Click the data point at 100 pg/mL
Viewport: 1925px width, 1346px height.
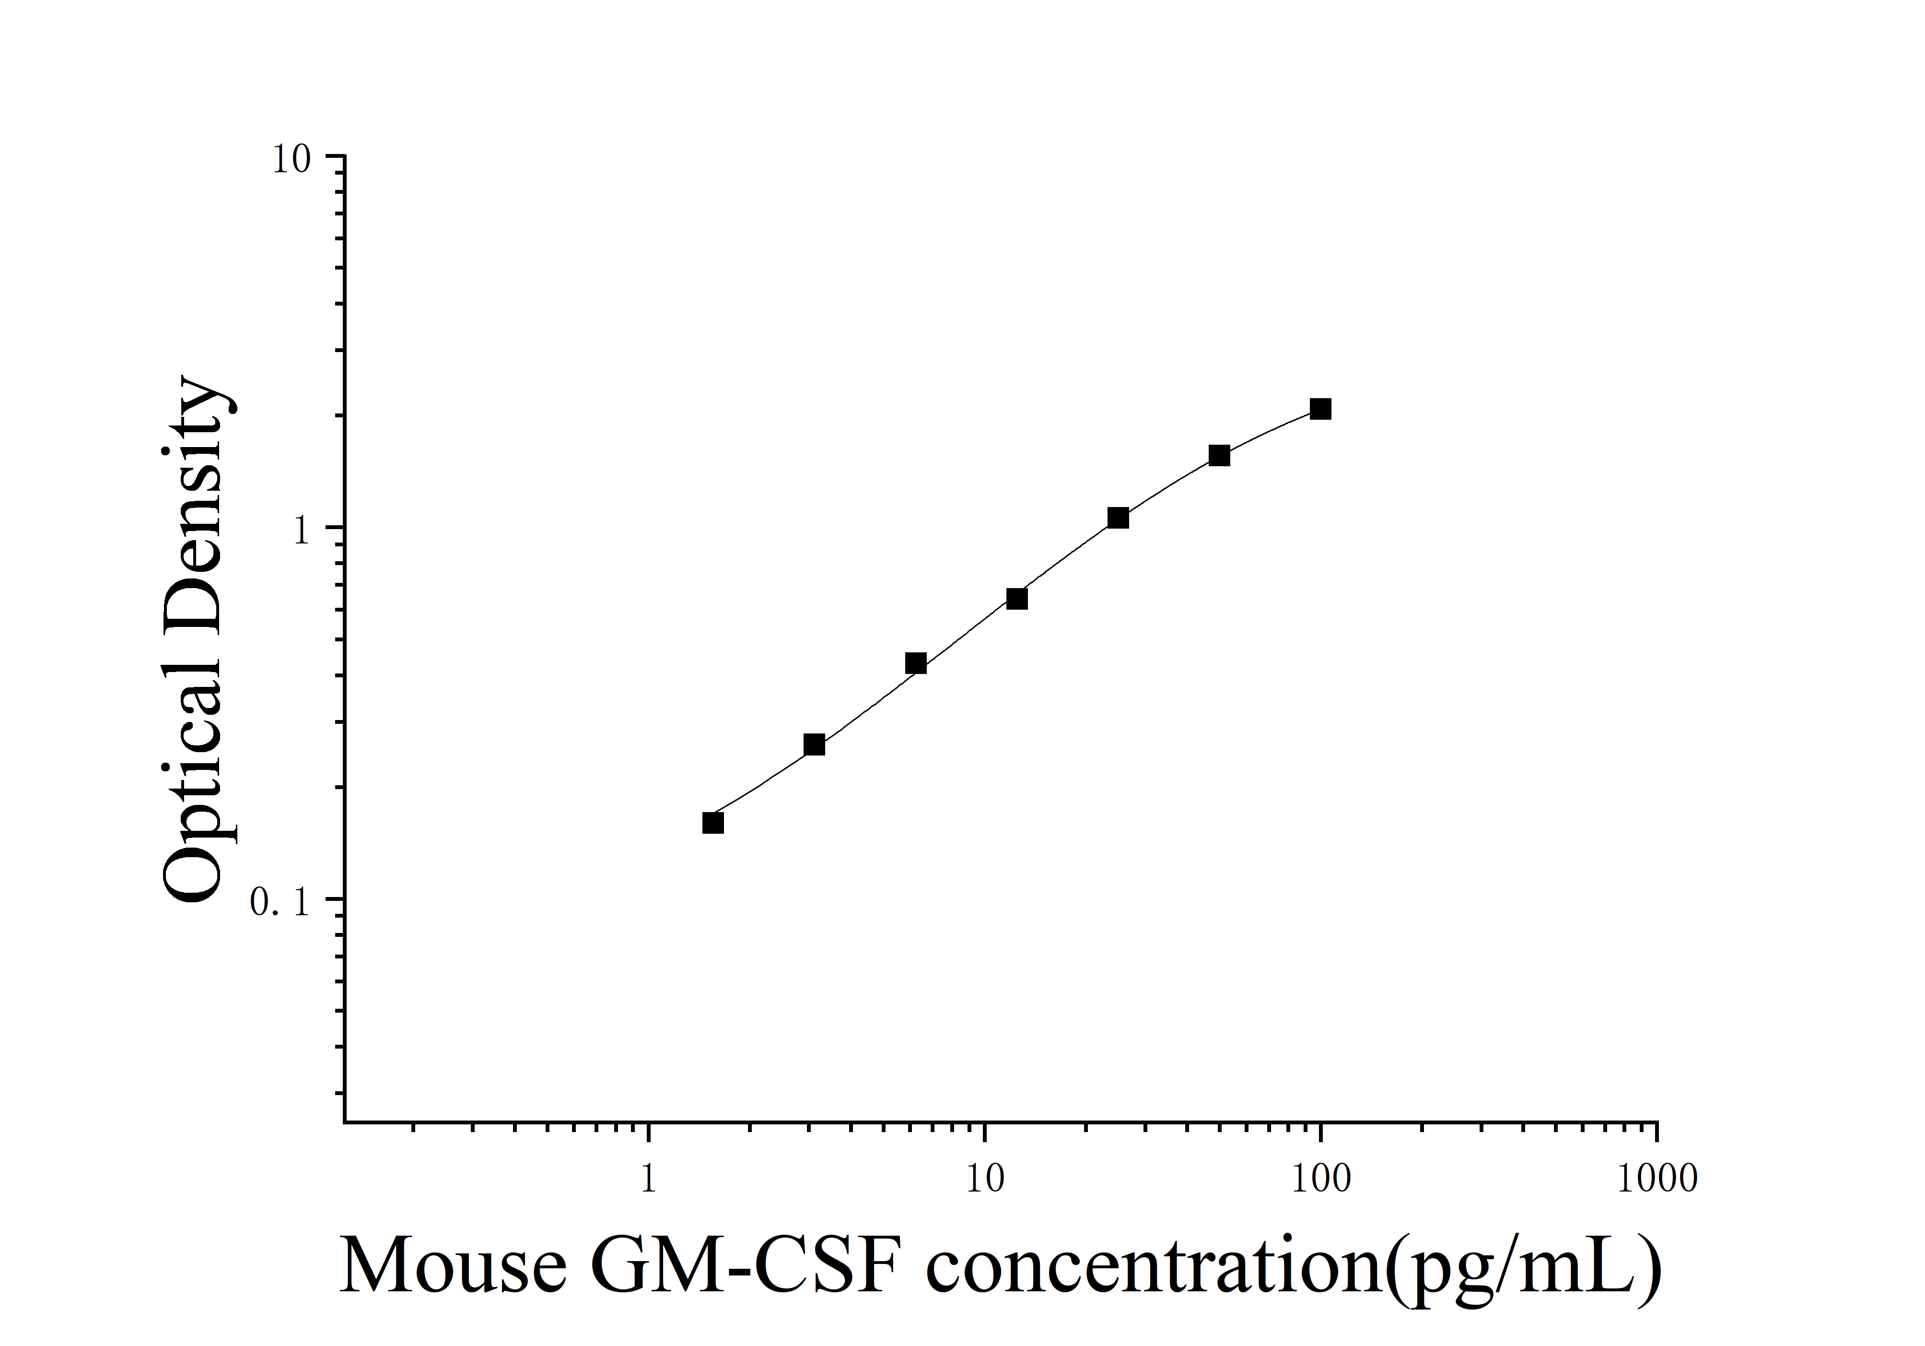click(1320, 409)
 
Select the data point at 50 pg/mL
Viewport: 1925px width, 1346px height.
click(1219, 455)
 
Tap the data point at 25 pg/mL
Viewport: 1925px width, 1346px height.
click(1118, 518)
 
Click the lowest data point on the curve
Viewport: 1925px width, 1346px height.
click(712, 823)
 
